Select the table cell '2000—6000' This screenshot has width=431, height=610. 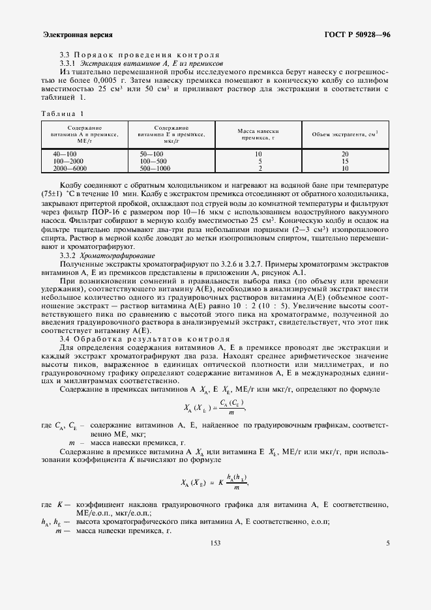68,168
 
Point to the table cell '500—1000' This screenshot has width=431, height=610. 155,168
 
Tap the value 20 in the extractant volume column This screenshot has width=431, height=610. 345,154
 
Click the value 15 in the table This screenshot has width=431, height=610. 345,161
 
